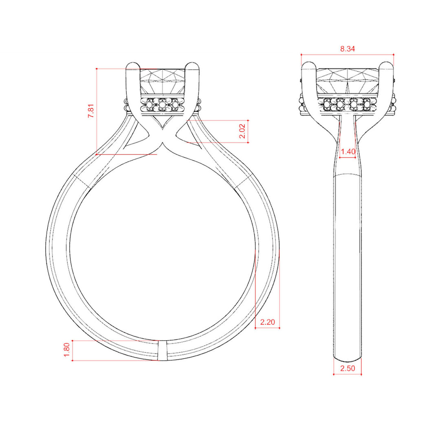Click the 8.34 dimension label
348,49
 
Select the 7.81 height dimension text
92,110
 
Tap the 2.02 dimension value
242,131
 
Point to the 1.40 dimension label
348,152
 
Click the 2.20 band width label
267,322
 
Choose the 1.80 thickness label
67,350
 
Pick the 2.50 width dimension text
348,368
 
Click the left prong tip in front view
133,65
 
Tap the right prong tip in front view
192,65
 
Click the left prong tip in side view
309,65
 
